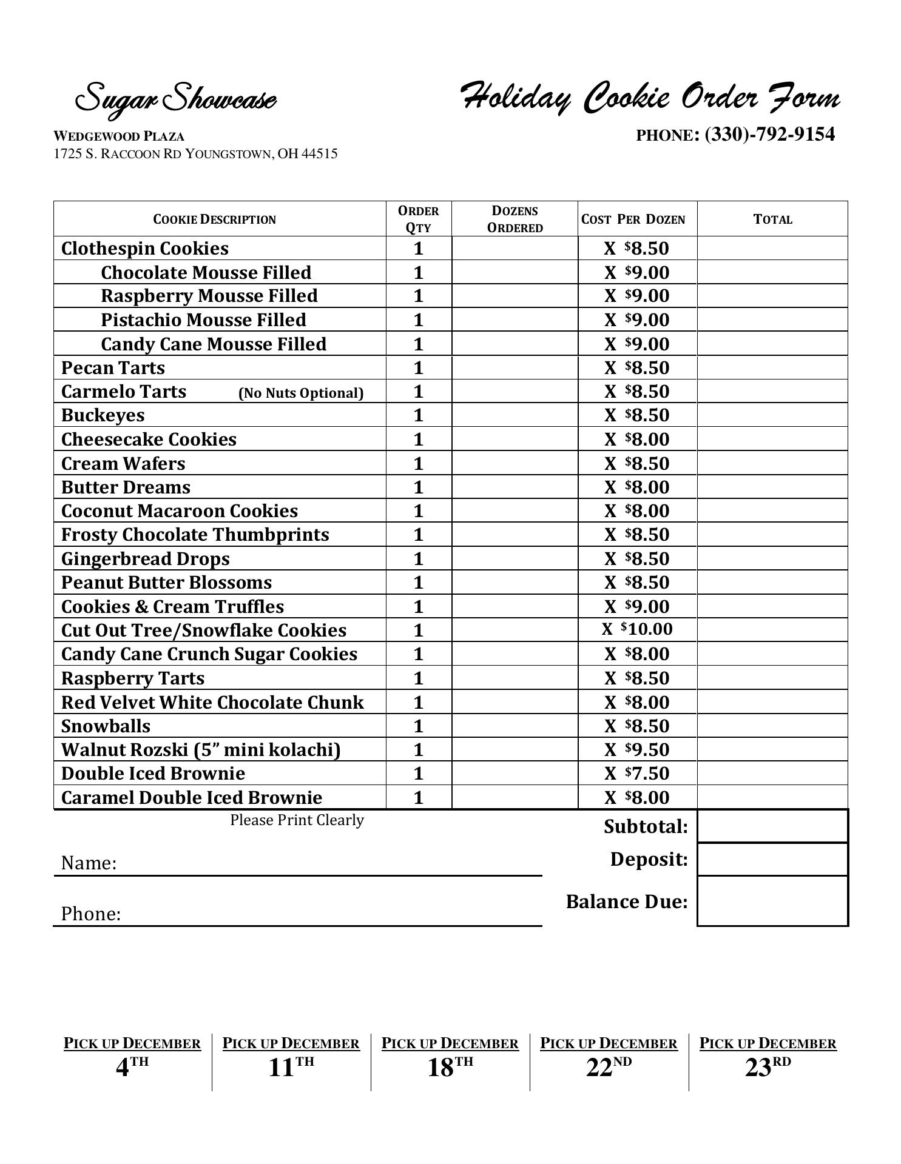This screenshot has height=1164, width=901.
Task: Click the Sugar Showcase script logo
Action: [175, 98]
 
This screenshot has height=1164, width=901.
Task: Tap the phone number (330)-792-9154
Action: [769, 134]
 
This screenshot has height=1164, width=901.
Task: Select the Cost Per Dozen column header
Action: [633, 219]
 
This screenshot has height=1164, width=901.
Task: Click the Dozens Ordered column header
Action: [515, 219]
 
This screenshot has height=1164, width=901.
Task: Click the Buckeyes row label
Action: [103, 415]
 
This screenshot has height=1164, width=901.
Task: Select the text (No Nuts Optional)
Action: [301, 393]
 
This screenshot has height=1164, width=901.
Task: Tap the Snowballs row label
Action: [106, 726]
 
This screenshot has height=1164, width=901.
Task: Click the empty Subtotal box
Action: [772, 826]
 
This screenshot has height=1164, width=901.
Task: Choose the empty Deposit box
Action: [772, 859]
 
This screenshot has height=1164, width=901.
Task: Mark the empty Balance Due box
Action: [772, 901]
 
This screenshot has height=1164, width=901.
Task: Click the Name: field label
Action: [89, 863]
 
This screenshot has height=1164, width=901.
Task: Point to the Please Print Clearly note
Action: [297, 820]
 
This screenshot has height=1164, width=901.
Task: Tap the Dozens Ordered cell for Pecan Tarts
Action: [515, 368]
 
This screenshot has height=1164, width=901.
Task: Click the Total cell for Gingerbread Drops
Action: [772, 558]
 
